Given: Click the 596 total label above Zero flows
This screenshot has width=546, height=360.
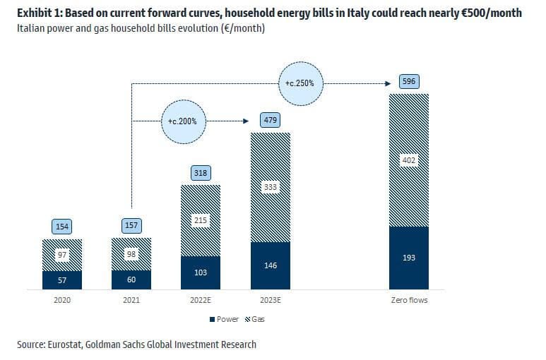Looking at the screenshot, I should click(409, 81).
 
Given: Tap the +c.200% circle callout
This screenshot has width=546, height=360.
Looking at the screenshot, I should click(184, 121).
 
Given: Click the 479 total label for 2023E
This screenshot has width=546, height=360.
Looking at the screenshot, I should click(271, 120).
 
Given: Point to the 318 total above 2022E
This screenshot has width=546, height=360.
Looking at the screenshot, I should click(201, 173).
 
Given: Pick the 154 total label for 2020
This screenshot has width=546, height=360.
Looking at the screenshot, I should click(62, 226).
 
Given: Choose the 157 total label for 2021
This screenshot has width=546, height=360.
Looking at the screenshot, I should click(131, 226).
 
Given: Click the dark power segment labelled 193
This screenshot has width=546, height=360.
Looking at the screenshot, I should click(409, 258).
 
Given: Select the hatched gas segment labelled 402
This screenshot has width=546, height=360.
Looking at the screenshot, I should click(409, 160).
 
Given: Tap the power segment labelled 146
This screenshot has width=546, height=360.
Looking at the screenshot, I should click(271, 265).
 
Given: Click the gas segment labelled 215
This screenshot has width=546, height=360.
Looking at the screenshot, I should click(201, 220).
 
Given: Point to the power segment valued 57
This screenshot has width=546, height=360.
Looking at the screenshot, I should click(62, 280).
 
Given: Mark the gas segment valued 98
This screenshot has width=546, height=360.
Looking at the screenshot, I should click(131, 253).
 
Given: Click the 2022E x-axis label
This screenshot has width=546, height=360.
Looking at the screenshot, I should click(201, 300).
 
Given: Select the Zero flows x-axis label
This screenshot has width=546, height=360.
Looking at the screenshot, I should click(409, 300).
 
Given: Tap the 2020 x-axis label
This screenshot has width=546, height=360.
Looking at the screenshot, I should click(62, 300).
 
